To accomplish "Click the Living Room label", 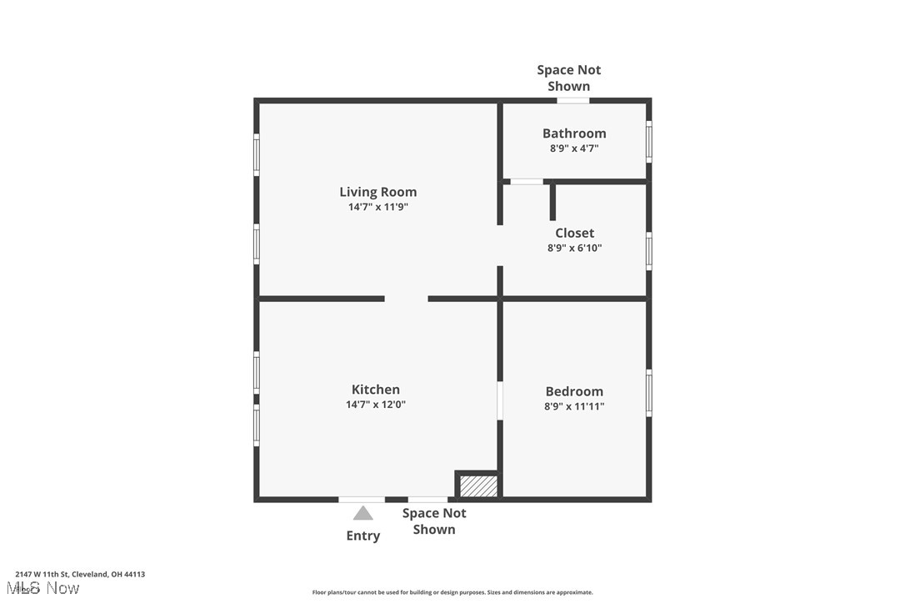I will point(377,192).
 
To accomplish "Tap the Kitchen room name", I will point(375,389).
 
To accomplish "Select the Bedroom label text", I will point(574,390).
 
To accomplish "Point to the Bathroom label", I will point(574,133).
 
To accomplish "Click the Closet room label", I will point(574,233).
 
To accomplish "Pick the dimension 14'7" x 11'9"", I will point(377,207).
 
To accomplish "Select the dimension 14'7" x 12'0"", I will point(375,405).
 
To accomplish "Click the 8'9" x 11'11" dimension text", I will point(574,406).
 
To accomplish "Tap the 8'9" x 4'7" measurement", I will point(574,148).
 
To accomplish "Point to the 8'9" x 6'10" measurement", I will point(574,248).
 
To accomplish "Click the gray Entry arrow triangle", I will point(362,513).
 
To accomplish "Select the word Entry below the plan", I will point(362,536).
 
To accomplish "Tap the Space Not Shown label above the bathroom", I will point(568,78).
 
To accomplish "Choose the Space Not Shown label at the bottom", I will point(434,521).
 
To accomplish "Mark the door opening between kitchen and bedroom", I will point(500,400).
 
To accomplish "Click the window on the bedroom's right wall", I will point(649,392).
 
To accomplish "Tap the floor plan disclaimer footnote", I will point(452,592).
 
